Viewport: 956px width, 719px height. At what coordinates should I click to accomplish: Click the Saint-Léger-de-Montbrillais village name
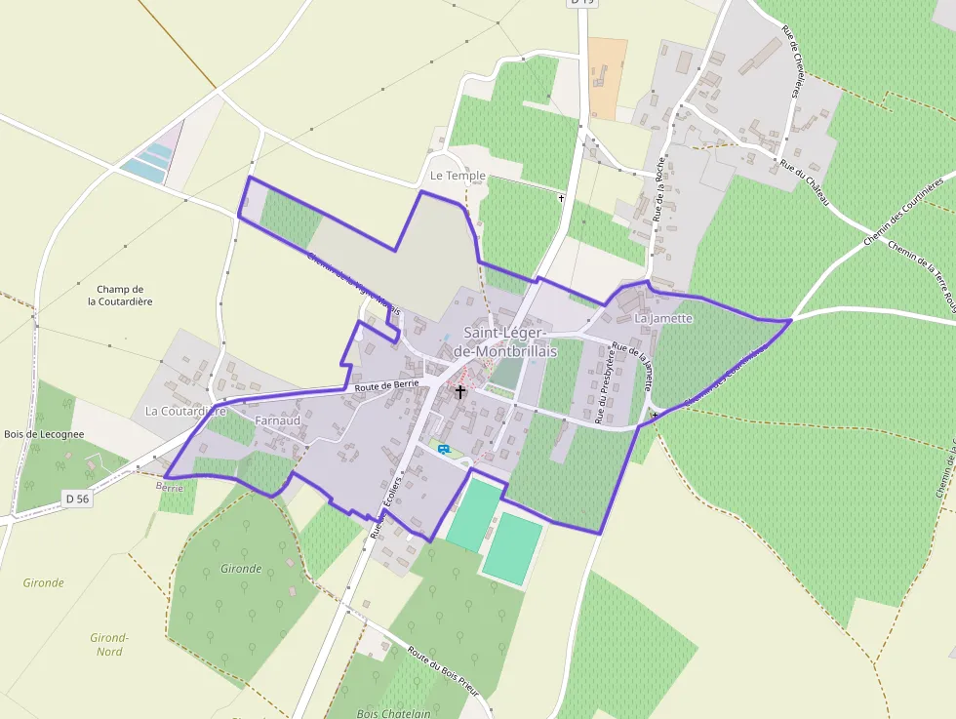(511, 341)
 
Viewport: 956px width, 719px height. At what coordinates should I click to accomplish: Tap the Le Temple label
(458, 176)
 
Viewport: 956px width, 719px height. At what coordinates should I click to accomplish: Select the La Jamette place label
(663, 318)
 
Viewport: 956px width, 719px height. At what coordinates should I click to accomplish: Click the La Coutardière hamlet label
(185, 411)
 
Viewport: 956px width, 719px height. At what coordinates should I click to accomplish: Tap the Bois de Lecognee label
(44, 434)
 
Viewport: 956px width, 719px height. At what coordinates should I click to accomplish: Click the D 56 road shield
(78, 499)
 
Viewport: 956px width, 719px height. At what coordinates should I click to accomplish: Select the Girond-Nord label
(109, 644)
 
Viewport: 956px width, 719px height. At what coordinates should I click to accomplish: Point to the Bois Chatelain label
(393, 713)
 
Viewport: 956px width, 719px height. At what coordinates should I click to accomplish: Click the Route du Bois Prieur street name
(444, 670)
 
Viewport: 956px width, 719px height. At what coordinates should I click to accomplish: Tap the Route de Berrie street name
(387, 385)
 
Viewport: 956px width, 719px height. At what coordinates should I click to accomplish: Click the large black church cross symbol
(460, 392)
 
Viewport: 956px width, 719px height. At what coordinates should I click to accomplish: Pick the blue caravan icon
(444, 449)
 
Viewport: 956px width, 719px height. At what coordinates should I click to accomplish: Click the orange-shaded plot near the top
(608, 78)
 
